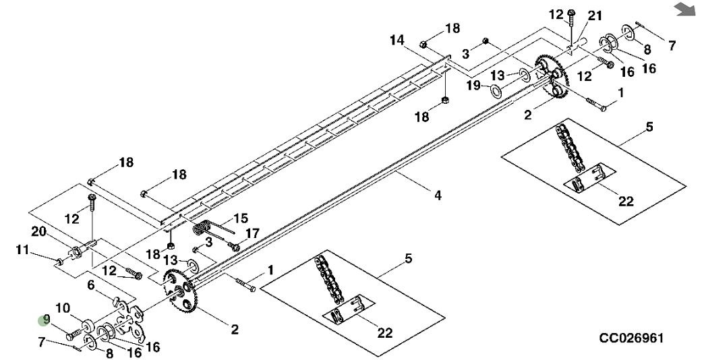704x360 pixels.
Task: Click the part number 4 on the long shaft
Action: (437, 196)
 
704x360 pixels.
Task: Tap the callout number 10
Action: (62, 308)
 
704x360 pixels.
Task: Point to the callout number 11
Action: (23, 251)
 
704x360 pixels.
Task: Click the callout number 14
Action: (397, 40)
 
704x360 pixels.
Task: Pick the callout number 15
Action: (241, 218)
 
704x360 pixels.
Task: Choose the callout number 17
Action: (252, 233)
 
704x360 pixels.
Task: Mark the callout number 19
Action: (474, 86)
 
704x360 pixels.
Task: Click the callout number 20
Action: (38, 231)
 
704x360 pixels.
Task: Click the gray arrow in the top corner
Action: (684, 8)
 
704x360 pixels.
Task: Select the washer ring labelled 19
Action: (496, 90)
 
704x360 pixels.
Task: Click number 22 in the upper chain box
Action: (626, 201)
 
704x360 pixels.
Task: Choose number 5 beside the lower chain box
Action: (409, 259)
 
